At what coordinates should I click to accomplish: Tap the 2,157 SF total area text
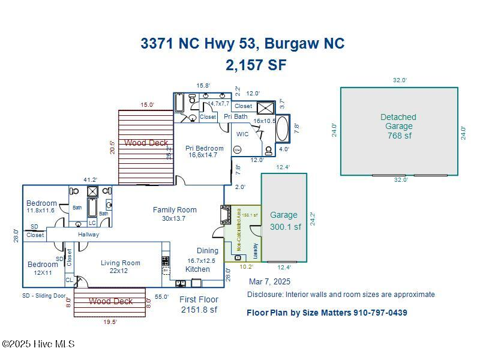tap(256, 65)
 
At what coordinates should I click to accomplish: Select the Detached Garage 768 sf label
tap(398, 126)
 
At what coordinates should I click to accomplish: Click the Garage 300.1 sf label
tap(284, 221)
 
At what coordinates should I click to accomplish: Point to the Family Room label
tap(175, 214)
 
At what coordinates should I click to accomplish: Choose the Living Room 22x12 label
tap(121, 266)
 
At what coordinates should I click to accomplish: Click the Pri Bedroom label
tap(204, 151)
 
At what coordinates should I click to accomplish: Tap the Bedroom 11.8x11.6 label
tap(41, 207)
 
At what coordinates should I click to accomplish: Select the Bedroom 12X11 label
tap(43, 268)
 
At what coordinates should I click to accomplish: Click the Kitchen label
tap(197, 269)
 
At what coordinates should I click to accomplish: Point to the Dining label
tap(208, 251)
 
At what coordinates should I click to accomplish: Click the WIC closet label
tap(242, 134)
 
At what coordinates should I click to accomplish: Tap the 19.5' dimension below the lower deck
tap(109, 322)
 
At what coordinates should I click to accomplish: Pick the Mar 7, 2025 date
tap(269, 281)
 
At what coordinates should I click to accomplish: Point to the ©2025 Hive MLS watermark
tap(38, 344)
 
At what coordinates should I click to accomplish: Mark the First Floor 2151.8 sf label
tap(199, 305)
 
